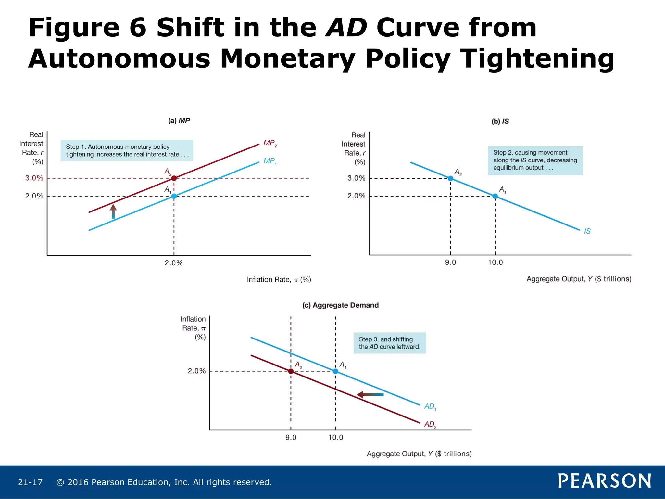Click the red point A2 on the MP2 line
(x=174, y=178)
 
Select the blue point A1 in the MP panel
(x=174, y=196)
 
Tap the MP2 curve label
(x=270, y=143)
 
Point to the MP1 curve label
(x=270, y=161)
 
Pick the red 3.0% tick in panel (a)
(x=34, y=178)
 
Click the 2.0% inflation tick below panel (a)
(x=174, y=263)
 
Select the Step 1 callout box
(x=127, y=150)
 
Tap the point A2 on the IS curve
(x=450, y=178)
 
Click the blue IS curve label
(x=587, y=231)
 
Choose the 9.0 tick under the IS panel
(x=450, y=262)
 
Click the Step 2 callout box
(x=535, y=160)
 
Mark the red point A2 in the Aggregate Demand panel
(x=291, y=371)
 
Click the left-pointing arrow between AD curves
(x=370, y=395)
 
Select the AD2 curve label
(x=430, y=424)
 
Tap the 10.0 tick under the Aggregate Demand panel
(x=335, y=437)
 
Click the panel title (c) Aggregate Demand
(x=340, y=305)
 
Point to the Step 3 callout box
(x=389, y=343)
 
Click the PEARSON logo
(x=604, y=481)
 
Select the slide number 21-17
(x=30, y=482)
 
